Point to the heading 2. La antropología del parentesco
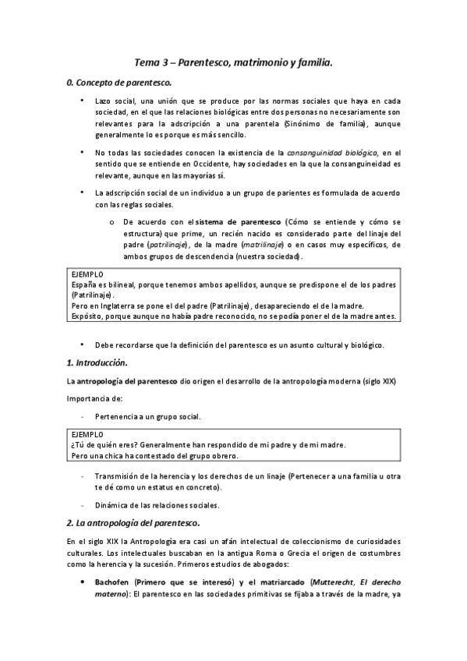point(133,521)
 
